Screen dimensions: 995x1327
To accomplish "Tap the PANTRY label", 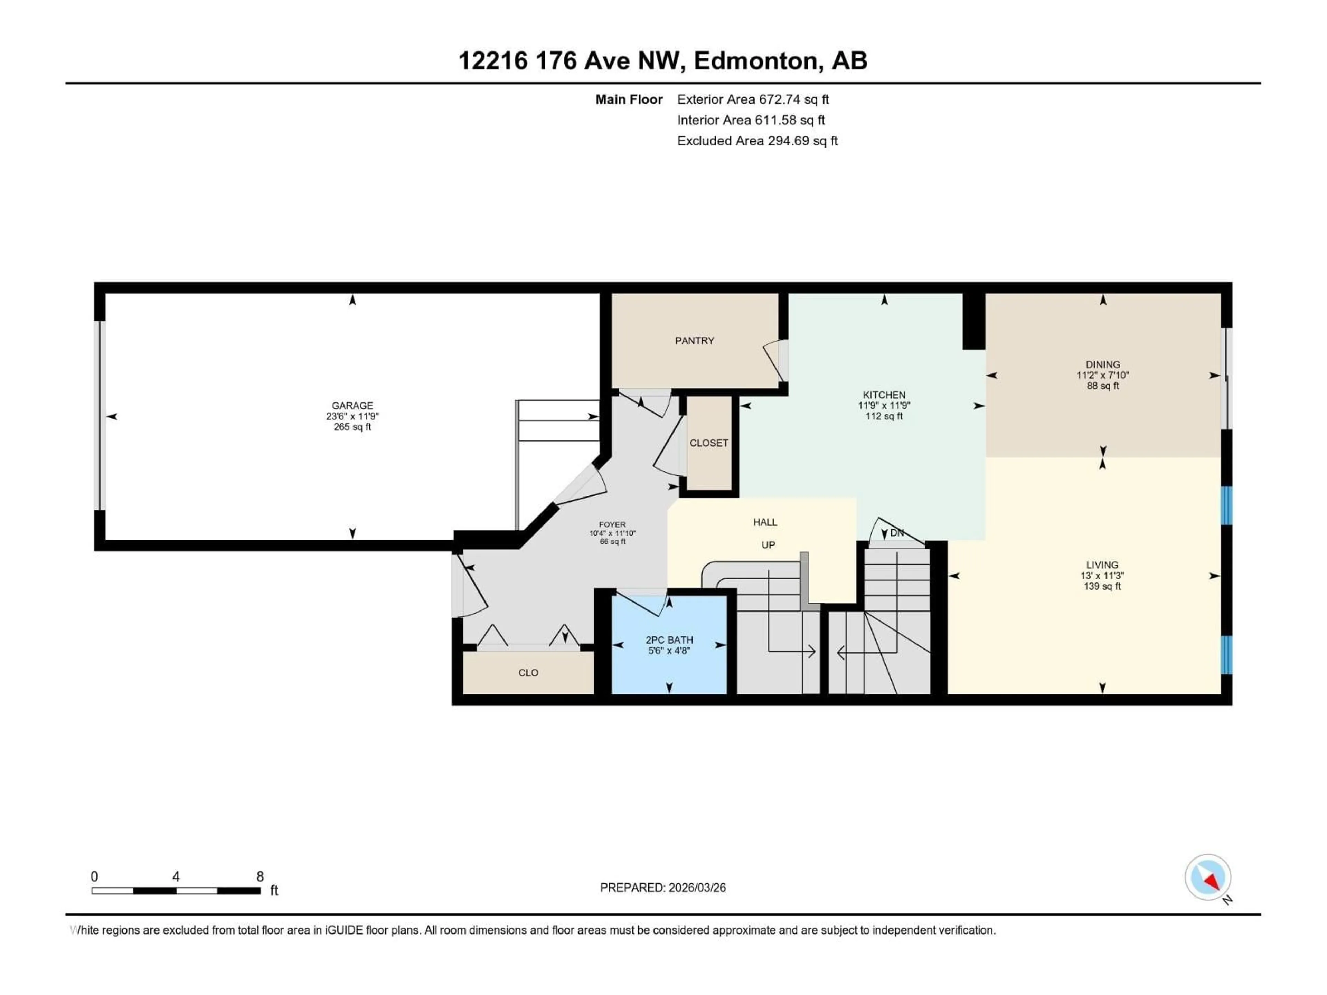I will point(694,341).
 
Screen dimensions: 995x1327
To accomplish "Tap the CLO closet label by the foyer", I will point(528,672).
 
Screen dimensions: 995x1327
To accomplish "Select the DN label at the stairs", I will point(896,533).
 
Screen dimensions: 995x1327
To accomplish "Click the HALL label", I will point(765,522).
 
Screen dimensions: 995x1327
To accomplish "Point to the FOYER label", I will point(612,524).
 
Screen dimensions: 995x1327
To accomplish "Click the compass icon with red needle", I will point(1208,878).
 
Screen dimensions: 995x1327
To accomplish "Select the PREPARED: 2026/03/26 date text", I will point(662,888).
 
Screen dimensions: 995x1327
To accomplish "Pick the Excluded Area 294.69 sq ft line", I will point(757,141).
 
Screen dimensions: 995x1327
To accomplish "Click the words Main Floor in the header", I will point(629,99).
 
